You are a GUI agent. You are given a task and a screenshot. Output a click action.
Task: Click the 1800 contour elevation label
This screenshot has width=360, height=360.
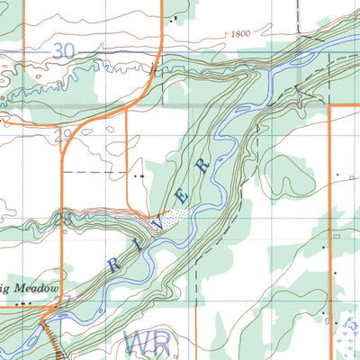pos(240,33)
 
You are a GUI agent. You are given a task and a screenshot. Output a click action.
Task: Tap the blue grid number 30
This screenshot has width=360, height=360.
pos(63,52)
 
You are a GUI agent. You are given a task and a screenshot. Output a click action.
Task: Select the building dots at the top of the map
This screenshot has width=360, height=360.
pos(174,18)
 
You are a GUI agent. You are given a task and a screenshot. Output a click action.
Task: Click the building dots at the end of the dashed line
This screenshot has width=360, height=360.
pos(139,175)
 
